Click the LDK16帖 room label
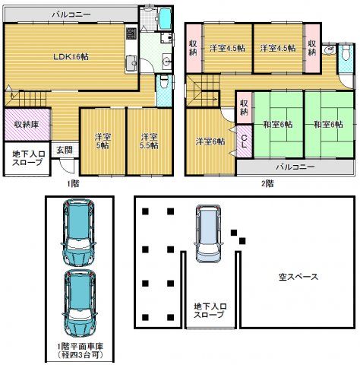(71, 56)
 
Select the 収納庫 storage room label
(27, 125)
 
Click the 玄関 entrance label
(65, 150)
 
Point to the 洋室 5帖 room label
(103, 141)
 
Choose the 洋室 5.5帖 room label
(150, 141)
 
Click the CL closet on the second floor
(244, 141)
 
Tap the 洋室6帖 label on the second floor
(210, 141)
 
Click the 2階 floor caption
(267, 183)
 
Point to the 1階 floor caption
(73, 183)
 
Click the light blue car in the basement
(208, 233)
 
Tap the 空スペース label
(298, 277)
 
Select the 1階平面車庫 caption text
(81, 346)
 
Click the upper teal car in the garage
(79, 232)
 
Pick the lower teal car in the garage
(79, 303)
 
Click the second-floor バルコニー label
(295, 167)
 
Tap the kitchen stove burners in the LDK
(131, 33)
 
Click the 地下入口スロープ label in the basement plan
(210, 311)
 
